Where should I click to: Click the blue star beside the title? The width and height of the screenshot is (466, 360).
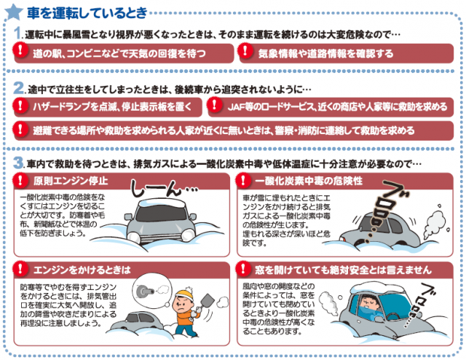(13, 12)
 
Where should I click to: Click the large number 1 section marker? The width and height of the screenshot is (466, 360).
(18, 33)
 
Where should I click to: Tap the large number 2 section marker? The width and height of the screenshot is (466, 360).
(19, 87)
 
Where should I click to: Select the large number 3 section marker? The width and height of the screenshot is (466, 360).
(19, 163)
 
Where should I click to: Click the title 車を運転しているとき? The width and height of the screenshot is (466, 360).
(87, 12)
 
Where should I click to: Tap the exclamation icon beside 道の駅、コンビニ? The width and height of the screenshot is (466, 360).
(20, 50)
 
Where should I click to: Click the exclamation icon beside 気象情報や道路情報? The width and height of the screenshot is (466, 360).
(245, 50)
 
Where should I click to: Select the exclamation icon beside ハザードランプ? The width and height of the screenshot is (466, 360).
(20, 105)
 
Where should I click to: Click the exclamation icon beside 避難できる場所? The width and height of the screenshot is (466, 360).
(20, 128)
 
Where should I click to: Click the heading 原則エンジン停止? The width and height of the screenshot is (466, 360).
(71, 181)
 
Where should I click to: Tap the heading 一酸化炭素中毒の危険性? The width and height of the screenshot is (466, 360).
(309, 181)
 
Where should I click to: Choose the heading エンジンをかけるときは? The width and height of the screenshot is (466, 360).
(82, 270)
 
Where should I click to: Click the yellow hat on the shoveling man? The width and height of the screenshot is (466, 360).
(185, 294)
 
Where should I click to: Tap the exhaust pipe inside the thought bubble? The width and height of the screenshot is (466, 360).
(145, 290)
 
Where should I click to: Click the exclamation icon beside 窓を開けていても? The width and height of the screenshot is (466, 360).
(243, 269)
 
